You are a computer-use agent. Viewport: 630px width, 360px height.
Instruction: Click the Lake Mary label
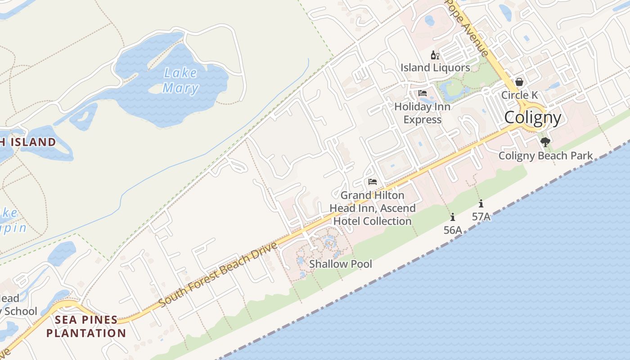(x=180, y=80)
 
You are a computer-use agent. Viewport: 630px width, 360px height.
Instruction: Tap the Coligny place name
(x=533, y=117)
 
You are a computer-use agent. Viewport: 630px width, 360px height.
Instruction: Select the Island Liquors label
(x=435, y=67)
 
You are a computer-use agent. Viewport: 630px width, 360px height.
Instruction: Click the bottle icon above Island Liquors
(x=435, y=55)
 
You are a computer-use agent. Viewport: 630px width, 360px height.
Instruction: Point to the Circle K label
(x=519, y=95)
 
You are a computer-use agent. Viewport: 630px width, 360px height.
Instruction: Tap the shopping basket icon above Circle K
(x=519, y=82)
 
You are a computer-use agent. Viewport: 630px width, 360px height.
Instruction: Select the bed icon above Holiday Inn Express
(x=422, y=93)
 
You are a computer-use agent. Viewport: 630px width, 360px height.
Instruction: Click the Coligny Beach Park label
(x=545, y=156)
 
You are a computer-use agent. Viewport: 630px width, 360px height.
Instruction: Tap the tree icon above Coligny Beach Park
(x=545, y=143)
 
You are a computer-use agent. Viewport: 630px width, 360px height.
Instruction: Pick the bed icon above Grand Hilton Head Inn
(x=372, y=182)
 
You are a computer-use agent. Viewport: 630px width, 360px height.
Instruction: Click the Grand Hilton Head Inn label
(x=372, y=208)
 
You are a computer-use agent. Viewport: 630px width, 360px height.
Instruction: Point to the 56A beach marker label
(x=453, y=230)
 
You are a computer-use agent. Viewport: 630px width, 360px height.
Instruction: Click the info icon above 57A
(x=481, y=203)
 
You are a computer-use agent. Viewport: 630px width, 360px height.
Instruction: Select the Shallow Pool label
(x=341, y=264)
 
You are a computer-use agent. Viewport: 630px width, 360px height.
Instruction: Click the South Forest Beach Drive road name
(x=218, y=274)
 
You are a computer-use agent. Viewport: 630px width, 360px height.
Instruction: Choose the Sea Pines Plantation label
(x=86, y=327)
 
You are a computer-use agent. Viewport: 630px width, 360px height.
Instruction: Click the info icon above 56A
(x=453, y=217)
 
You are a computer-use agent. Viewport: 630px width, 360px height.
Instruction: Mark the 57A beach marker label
(x=481, y=216)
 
